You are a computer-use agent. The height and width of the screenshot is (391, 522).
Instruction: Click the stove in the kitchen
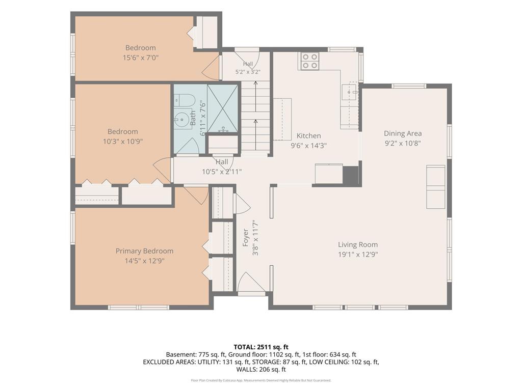310,61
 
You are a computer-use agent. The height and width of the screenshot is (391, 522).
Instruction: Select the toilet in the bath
184,101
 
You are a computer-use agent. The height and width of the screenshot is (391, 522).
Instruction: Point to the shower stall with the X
222,108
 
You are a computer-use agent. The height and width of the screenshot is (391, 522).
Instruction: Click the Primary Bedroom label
144,251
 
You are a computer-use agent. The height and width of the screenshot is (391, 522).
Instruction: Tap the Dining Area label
403,133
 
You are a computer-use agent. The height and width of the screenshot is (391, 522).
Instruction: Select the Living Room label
358,245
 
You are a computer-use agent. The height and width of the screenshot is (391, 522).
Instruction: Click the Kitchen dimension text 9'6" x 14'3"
308,146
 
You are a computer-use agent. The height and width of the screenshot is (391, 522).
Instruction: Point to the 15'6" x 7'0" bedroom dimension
141,58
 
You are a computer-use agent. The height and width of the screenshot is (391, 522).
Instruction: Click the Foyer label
246,237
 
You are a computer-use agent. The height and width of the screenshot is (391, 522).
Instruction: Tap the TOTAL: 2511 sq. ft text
260,347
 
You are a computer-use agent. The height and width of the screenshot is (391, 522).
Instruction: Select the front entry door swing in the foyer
251,283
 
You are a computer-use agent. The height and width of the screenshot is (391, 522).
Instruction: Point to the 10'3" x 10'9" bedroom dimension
122,142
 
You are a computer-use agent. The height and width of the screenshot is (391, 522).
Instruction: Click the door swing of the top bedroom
211,68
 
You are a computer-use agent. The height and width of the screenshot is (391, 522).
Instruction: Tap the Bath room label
193,118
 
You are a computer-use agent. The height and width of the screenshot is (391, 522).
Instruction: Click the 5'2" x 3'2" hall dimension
248,71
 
